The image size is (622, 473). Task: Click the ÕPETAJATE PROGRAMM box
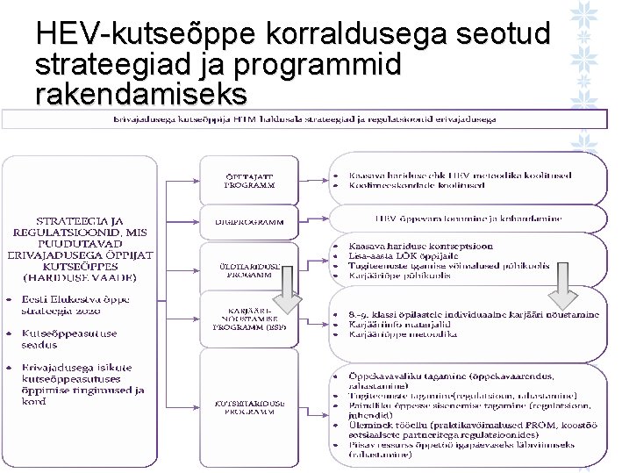pos(249,181)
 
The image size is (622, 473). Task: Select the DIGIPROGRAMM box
pos(249,222)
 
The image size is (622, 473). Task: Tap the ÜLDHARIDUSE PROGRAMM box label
pos(249,269)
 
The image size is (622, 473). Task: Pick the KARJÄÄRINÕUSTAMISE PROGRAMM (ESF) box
pos(249,320)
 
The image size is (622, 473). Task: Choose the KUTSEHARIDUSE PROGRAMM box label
pos(249,407)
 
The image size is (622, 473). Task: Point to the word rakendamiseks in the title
pos(141,92)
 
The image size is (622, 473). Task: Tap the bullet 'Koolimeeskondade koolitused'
pos(416,185)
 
